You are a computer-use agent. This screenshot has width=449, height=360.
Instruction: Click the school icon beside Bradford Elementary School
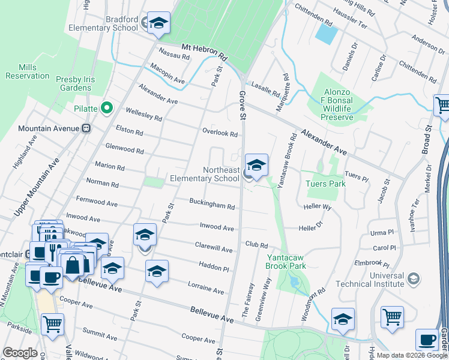[x=158, y=23]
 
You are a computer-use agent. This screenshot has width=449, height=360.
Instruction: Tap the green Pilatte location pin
[x=107, y=108]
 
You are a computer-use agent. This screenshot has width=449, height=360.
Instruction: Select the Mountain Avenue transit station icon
[x=86, y=128]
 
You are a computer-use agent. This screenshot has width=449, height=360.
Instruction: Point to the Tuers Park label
[x=325, y=184]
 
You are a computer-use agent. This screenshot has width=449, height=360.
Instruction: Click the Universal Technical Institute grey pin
[x=412, y=278]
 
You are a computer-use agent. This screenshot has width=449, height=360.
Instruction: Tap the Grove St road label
[x=243, y=105]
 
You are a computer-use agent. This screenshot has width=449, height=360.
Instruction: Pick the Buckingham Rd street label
[x=212, y=203]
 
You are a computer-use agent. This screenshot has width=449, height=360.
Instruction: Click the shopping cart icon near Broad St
[x=443, y=106]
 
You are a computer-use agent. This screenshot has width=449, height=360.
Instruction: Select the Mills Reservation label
[x=27, y=71]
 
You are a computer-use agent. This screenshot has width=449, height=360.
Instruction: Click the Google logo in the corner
[x=20, y=352]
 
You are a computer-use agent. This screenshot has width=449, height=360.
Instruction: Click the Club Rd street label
[x=256, y=245]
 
